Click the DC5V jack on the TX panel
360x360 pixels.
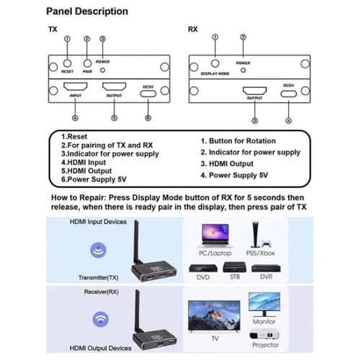coord(148,91)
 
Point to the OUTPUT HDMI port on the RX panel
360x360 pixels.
coord(254,92)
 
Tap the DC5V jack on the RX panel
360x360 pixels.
coord(289,92)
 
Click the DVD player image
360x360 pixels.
coord(203,266)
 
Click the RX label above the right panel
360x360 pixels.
coord(192,30)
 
